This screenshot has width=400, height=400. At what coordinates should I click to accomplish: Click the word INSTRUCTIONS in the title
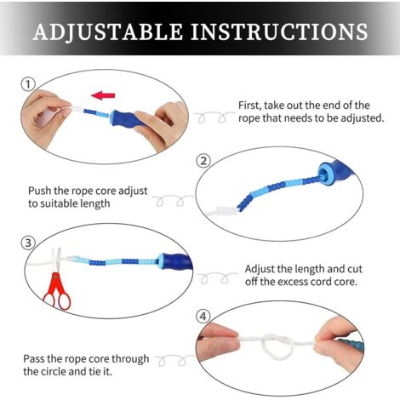tap(280, 31)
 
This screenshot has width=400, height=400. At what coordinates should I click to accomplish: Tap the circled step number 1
tap(28, 84)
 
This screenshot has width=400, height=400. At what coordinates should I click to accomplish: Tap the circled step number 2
tap(203, 161)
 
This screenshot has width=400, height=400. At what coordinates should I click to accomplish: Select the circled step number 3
tap(28, 243)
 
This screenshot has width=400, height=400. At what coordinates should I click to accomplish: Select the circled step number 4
tap(203, 316)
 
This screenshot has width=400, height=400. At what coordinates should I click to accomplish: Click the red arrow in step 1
tap(103, 95)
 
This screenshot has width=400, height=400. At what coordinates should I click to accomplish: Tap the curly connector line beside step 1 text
tap(214, 116)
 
